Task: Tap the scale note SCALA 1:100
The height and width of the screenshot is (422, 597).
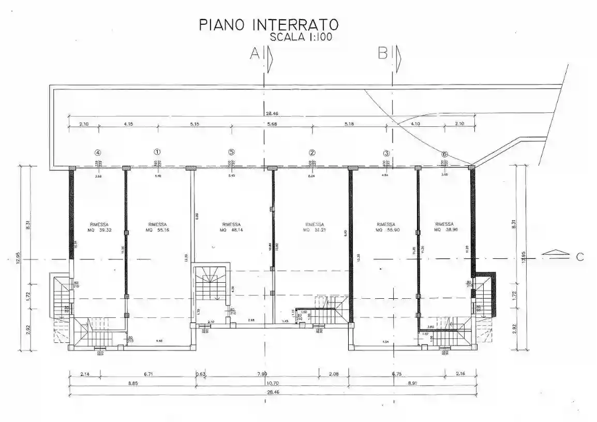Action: pos(301,37)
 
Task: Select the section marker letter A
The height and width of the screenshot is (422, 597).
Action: pos(254,53)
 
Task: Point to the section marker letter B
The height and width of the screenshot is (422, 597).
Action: pos(383,53)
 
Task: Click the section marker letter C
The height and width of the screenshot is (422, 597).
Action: pos(580,256)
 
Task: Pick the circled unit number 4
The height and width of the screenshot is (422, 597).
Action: pos(97,153)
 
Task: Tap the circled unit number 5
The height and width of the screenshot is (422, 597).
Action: pos(231,152)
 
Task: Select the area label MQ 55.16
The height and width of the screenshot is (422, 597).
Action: pos(157,230)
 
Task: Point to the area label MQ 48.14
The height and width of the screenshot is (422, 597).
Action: pos(231,230)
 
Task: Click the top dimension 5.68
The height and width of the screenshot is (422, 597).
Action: pos(272,124)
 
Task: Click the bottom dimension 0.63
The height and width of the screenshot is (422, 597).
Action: pos(200,374)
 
